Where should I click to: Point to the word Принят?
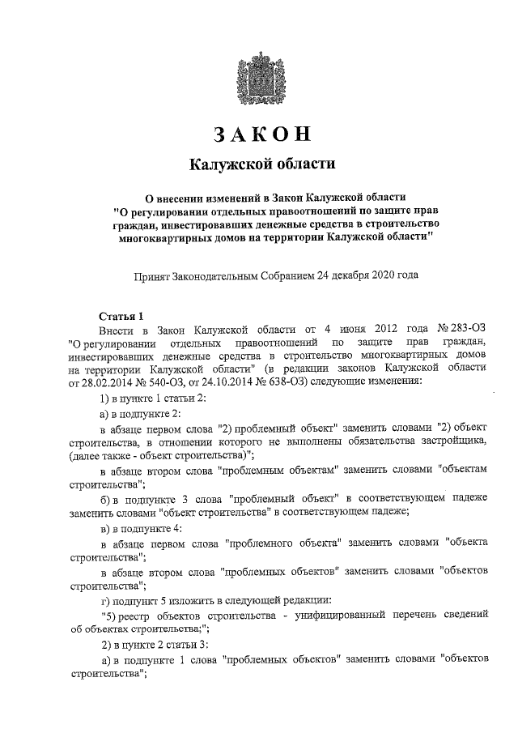point(152,275)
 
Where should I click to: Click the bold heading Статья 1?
point(121,317)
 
